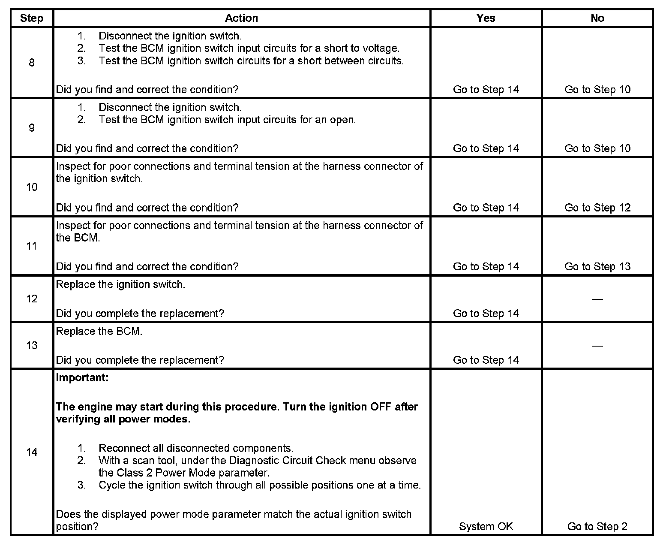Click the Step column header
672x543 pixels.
click(x=32, y=18)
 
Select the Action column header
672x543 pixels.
click(x=241, y=18)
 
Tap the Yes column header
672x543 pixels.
click(x=486, y=18)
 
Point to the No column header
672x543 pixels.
click(x=597, y=18)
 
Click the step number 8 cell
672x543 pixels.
click(x=32, y=63)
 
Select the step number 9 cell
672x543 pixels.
click(x=32, y=128)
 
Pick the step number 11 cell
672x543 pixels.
click(x=32, y=246)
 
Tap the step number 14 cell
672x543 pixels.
click(x=32, y=452)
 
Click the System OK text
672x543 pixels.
click(x=486, y=526)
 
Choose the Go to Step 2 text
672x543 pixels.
click(x=597, y=526)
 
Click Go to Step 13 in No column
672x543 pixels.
click(x=597, y=266)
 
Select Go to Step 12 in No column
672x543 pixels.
click(x=597, y=208)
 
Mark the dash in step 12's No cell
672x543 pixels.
click(x=597, y=299)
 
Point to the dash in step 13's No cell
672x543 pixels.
click(x=597, y=345)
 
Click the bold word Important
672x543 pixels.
click(x=82, y=378)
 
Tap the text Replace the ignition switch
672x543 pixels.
click(x=120, y=284)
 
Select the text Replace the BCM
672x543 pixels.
click(x=99, y=331)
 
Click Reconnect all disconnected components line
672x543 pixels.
click(x=195, y=448)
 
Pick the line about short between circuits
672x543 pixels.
click(x=251, y=61)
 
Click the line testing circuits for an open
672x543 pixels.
click(x=227, y=120)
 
